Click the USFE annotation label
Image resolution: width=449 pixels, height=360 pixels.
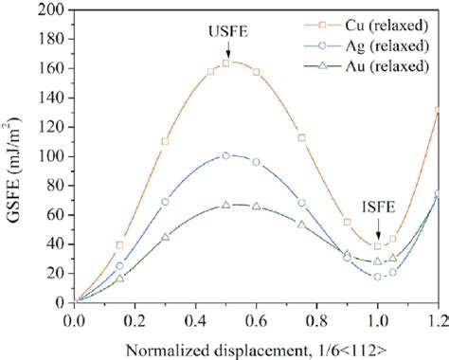coord(226,31)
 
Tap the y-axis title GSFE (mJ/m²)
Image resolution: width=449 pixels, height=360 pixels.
coord(14,156)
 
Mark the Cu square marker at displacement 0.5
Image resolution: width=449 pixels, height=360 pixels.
coord(226,63)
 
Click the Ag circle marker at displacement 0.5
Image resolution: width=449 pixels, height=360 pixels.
coord(226,155)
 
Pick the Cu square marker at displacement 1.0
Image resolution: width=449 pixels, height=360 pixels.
coord(378,246)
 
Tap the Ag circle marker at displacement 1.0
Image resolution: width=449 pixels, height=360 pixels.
coord(378,277)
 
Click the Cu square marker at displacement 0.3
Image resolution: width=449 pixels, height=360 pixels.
coord(165,141)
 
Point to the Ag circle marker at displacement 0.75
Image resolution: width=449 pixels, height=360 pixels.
coord(302,203)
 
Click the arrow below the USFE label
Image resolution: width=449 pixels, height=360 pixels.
coord(226,46)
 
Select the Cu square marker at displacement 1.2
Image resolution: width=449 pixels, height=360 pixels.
coord(438,111)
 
